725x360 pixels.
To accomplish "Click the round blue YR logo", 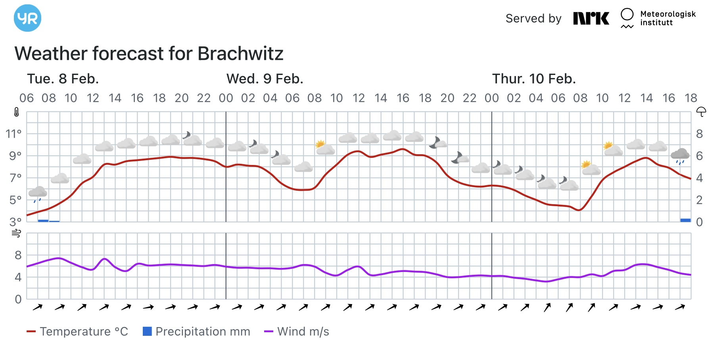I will [x=27, y=18].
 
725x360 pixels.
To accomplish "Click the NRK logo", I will [x=591, y=18].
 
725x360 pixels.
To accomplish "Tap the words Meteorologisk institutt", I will [x=668, y=18].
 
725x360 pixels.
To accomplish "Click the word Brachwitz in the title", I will [x=240, y=54].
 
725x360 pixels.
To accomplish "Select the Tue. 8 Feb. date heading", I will [x=63, y=79].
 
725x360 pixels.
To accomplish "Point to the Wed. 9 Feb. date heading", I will [x=265, y=79].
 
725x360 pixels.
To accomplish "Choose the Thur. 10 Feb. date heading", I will [x=534, y=79].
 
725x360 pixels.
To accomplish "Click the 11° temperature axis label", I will [x=13, y=134].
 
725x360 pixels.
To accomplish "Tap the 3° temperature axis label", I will [x=15, y=222].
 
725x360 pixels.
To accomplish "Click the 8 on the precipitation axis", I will [x=699, y=134].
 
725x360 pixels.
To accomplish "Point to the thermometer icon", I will [x=16, y=112].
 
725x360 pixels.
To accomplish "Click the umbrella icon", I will [x=701, y=112].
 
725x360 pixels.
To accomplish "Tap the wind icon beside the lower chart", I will [x=16, y=233].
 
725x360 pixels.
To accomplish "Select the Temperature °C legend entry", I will [x=78, y=331].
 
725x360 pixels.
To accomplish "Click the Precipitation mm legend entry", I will [x=197, y=331].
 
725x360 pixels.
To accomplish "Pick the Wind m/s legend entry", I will [x=297, y=331].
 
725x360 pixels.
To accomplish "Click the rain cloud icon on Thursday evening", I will [x=680, y=155].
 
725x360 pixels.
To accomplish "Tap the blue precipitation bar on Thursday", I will [x=685, y=220].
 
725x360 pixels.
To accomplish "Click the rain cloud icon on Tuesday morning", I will [x=38, y=193].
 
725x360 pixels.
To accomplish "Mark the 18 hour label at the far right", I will [x=690, y=98].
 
